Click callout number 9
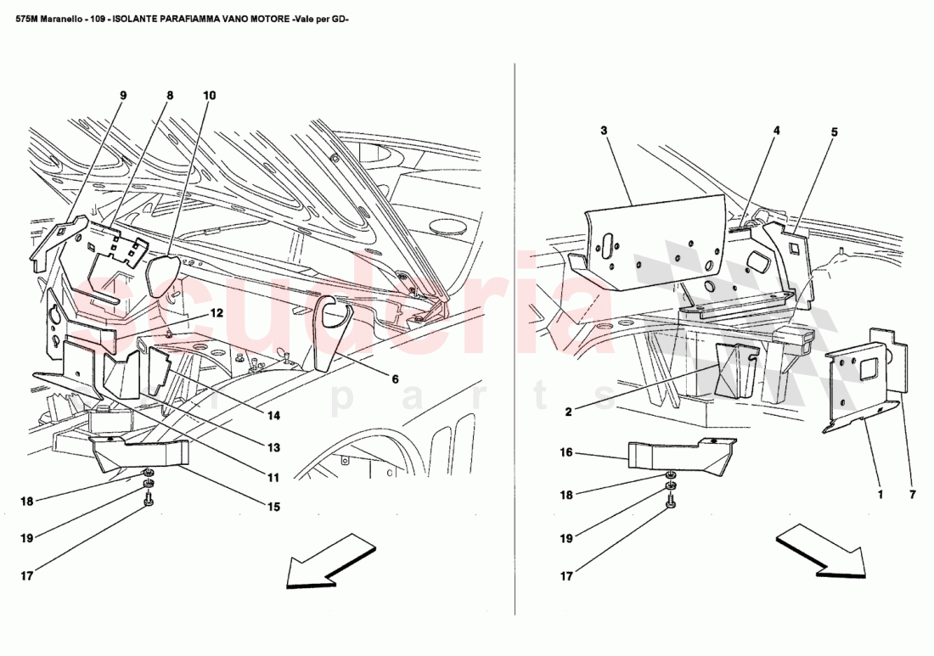click(x=123, y=96)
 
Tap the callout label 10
click(x=209, y=96)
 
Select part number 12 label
click(x=217, y=312)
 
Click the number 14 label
click(x=273, y=416)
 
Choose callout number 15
click(x=273, y=507)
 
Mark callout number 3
click(x=604, y=131)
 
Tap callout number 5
click(x=834, y=132)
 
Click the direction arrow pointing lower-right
click(x=820, y=552)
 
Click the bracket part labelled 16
click(x=679, y=454)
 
